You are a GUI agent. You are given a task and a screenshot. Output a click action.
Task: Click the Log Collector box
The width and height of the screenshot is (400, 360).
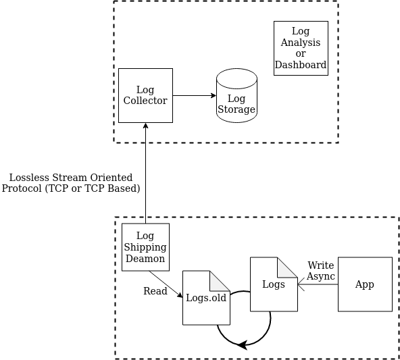point(145,95)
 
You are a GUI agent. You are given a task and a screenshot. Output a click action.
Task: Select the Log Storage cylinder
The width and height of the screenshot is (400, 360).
point(236,96)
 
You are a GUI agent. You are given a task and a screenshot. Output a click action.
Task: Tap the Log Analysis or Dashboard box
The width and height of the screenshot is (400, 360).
point(301,48)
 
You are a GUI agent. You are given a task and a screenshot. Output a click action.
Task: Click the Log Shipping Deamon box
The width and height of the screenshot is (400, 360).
point(145,247)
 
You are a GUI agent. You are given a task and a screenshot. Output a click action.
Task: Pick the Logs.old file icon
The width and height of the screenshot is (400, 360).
point(206,298)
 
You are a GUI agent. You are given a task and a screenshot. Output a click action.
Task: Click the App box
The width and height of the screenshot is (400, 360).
point(365,284)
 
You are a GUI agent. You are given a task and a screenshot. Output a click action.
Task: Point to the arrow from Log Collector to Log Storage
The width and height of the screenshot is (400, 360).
point(194,95)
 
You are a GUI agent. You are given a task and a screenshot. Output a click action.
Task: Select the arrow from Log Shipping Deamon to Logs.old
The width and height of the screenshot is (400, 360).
point(166,284)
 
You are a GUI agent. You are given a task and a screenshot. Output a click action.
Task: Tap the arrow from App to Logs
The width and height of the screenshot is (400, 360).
point(318,284)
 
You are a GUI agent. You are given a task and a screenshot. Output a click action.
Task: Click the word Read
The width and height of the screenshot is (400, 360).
point(155,291)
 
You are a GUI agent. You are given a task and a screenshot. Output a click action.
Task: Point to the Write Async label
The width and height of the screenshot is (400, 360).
point(321,271)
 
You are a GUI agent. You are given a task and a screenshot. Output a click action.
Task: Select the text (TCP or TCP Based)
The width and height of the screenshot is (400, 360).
point(93,188)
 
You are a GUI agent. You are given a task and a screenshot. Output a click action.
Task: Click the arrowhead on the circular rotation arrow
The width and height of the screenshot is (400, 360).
point(241,344)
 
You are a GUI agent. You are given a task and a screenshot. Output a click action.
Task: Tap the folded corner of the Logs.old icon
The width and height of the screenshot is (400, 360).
point(220,280)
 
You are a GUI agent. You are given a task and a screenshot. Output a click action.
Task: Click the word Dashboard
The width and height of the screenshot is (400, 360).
point(301,66)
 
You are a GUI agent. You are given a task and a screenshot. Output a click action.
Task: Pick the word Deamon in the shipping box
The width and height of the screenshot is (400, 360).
point(145,259)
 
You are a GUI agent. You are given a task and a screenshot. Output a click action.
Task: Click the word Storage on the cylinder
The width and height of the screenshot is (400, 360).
point(236,109)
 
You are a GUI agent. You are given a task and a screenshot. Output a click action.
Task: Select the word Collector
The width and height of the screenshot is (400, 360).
point(145,101)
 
